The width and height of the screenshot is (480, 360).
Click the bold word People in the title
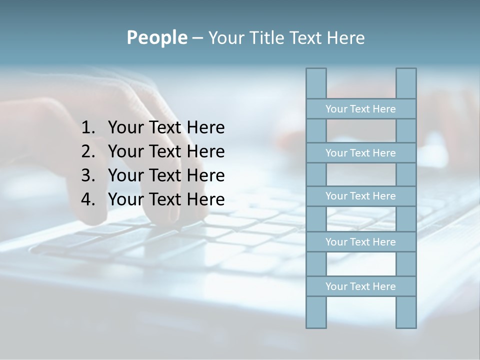click(x=156, y=38)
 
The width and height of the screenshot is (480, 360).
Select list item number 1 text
click(x=166, y=128)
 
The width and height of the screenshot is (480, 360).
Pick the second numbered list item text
click(x=166, y=151)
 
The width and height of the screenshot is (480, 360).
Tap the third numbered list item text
click(x=166, y=175)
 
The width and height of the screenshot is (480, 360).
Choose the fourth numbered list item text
click(x=166, y=199)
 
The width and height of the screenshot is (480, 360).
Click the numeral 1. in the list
click(x=88, y=128)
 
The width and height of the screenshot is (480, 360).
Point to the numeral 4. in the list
click(x=88, y=199)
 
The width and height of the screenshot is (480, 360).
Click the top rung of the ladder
click(x=360, y=109)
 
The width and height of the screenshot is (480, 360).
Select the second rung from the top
click(x=360, y=153)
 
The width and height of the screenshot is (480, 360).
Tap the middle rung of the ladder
click(x=360, y=196)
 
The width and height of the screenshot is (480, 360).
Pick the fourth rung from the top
click(x=360, y=242)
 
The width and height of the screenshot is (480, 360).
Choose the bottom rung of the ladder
click(x=360, y=286)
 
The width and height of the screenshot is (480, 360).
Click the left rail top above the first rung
click(x=316, y=83)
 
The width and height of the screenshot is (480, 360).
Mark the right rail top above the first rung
click(x=406, y=83)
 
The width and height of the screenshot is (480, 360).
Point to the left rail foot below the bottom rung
click(x=316, y=312)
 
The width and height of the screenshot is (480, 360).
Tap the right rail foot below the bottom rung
click(x=406, y=312)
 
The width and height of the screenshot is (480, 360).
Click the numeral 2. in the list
click(x=88, y=151)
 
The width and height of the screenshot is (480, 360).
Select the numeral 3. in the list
click(x=88, y=175)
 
